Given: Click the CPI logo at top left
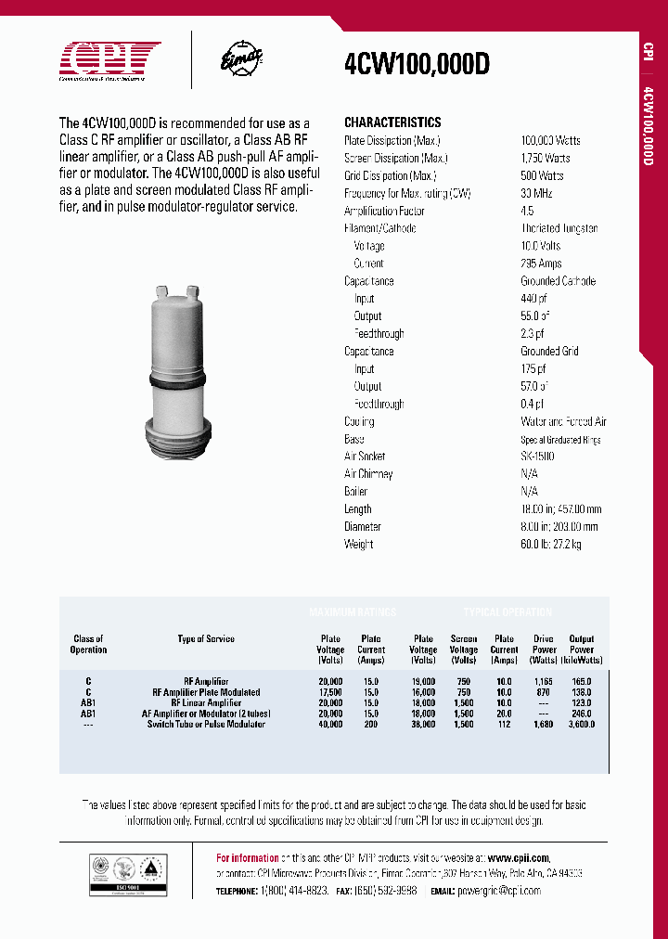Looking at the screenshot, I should (110, 60).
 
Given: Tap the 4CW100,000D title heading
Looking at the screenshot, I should (417, 63).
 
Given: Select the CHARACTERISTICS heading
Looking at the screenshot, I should (392, 122).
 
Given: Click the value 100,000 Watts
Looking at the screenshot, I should (550, 140).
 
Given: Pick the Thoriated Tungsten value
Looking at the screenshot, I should (559, 228).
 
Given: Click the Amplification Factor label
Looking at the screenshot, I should (385, 211).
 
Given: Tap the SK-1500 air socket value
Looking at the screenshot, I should (537, 457).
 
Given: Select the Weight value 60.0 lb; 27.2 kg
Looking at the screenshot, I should (551, 545).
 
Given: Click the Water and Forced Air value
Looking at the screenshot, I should (563, 421).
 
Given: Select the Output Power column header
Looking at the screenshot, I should (582, 650).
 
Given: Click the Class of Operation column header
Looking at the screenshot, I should (88, 644).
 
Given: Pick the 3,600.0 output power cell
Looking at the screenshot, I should (582, 724).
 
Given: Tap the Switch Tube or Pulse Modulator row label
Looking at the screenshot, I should (206, 724).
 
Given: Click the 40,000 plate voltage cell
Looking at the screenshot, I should (330, 724).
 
